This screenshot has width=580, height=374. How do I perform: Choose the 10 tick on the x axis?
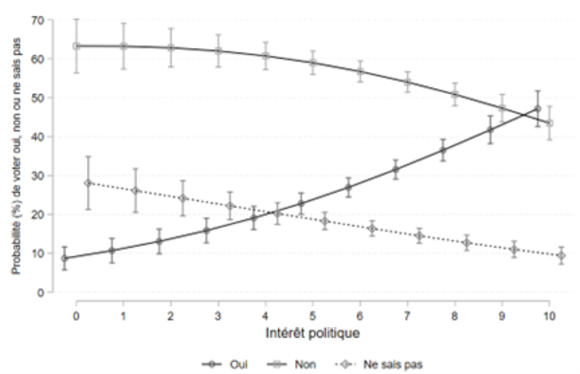(549, 316)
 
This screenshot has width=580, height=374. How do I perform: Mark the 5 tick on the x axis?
(312, 316)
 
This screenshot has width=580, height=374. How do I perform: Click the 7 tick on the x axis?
(407, 316)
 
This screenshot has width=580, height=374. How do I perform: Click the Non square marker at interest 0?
(75, 46)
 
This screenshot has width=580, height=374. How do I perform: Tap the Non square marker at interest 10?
(549, 123)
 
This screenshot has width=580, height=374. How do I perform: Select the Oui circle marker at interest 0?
(65, 258)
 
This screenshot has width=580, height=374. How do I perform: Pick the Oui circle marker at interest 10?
(538, 109)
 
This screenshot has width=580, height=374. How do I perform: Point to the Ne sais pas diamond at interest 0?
(88, 183)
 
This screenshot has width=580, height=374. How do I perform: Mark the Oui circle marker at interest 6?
(348, 187)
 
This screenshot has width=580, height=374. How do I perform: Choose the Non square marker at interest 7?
(407, 82)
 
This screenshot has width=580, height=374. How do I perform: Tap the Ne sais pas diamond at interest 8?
(466, 243)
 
